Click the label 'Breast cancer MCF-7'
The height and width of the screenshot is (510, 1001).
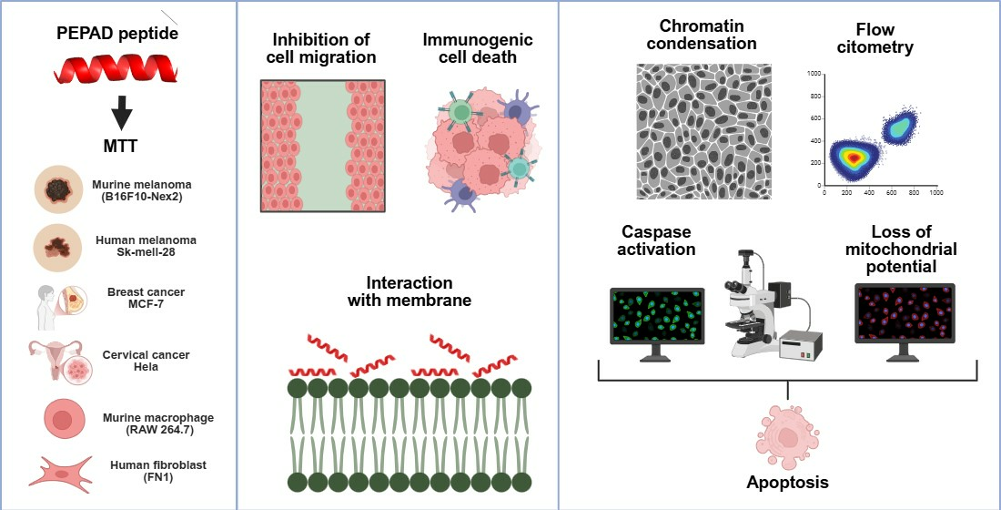pos(145,298)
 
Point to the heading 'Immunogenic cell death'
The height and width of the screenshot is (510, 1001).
pos(477,49)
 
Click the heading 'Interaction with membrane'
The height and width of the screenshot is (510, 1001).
pos(409,291)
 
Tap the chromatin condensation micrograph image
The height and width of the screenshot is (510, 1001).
pos(703,130)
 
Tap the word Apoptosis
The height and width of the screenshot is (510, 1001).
pos(788,483)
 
